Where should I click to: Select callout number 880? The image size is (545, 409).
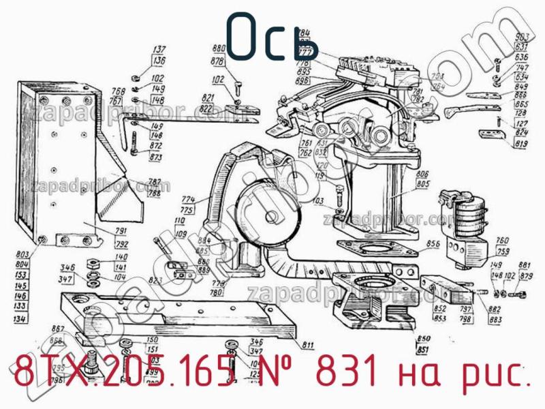219,49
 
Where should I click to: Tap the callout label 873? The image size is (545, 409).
156,157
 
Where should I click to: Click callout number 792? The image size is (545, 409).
122,243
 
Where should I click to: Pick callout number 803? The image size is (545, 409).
21,254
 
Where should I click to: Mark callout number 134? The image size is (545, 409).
21,318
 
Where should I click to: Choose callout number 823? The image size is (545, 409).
155,279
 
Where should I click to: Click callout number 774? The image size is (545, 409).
188,199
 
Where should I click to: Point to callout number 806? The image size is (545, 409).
422,175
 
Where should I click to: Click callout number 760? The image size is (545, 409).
503,240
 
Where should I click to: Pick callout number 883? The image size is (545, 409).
495,318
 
